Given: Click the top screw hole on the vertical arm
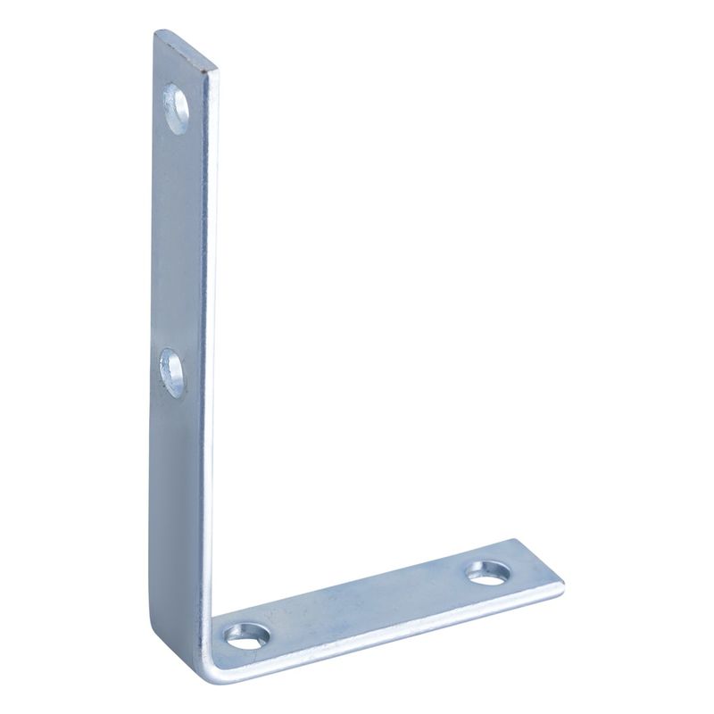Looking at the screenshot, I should pos(178,109).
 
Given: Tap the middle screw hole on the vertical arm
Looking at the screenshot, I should pos(173,372).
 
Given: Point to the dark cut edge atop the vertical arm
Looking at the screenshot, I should pos(187,49).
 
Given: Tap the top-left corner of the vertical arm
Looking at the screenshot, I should pos(155,33).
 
